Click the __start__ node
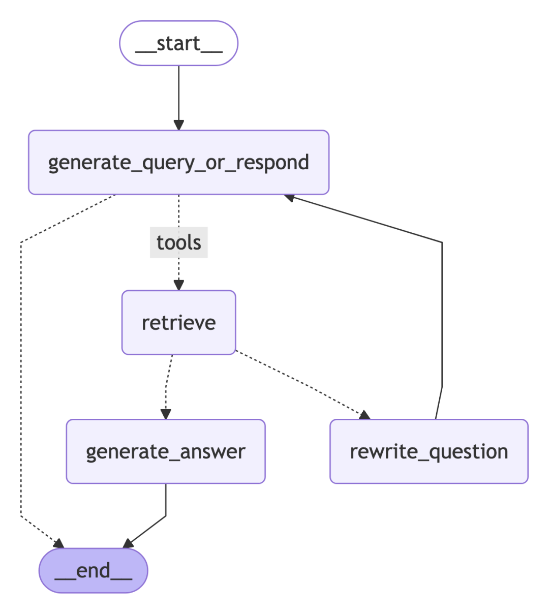point(178,44)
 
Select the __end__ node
point(94,570)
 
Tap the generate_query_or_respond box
point(178,163)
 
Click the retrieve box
point(178,323)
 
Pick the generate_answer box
point(166,451)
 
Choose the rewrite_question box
point(429,451)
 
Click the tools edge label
point(178,242)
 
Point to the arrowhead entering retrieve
point(178,285)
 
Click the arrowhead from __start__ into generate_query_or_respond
point(178,125)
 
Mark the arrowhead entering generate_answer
point(166,414)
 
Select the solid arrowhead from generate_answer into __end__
point(128,543)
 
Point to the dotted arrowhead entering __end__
point(58,543)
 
